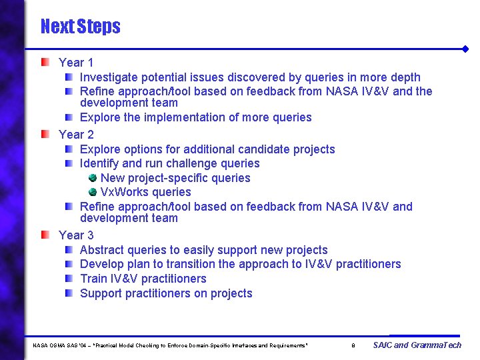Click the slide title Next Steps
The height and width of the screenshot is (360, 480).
pyautogui.click(x=80, y=27)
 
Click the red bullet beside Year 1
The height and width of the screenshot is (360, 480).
pyautogui.click(x=45, y=62)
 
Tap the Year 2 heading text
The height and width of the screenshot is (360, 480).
pyautogui.click(x=76, y=135)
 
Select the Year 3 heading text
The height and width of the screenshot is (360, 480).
pyautogui.click(x=76, y=235)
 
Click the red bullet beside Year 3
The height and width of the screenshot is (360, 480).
pyautogui.click(x=45, y=235)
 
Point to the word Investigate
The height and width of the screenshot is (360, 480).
pyautogui.click(x=109, y=77)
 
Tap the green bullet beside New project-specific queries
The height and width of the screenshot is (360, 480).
pyautogui.click(x=93, y=177)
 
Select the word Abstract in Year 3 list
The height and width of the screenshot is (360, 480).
pyautogui.click(x=101, y=250)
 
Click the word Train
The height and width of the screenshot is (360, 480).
pyautogui.click(x=93, y=279)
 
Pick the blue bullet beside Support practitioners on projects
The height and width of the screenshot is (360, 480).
pyautogui.click(x=69, y=293)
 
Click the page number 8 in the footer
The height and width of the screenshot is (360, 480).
pyautogui.click(x=353, y=345)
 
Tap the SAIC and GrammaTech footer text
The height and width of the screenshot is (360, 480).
pyautogui.click(x=417, y=345)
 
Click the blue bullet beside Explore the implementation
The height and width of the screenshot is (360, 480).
pyautogui.click(x=69, y=117)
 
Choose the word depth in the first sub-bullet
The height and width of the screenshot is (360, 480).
pyautogui.click(x=405, y=77)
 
